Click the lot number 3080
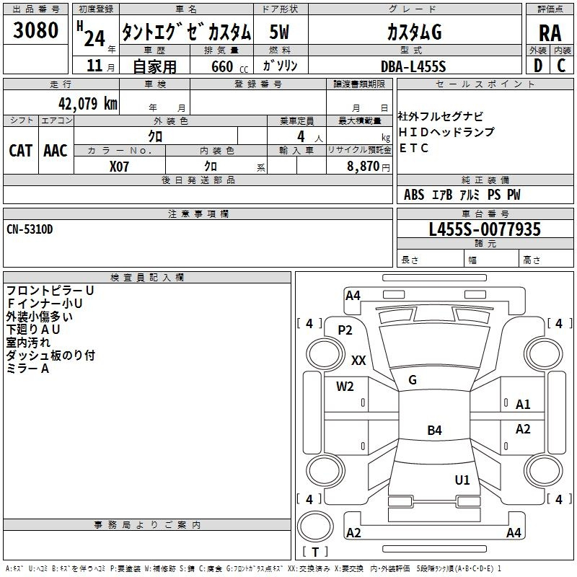35,30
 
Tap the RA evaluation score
550,33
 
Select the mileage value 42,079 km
87,103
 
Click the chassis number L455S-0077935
485,229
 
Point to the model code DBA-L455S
413,66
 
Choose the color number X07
119,167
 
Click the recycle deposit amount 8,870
364,166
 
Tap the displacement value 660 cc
229,66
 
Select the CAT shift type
21,151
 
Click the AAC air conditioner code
56,151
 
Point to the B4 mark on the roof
435,430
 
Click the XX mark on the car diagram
358,360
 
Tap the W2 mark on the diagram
345,387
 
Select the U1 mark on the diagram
462,480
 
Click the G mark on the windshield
413,380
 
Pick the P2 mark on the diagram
345,330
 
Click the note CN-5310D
30,229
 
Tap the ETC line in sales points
413,148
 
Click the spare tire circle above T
315,527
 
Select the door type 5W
279,32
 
